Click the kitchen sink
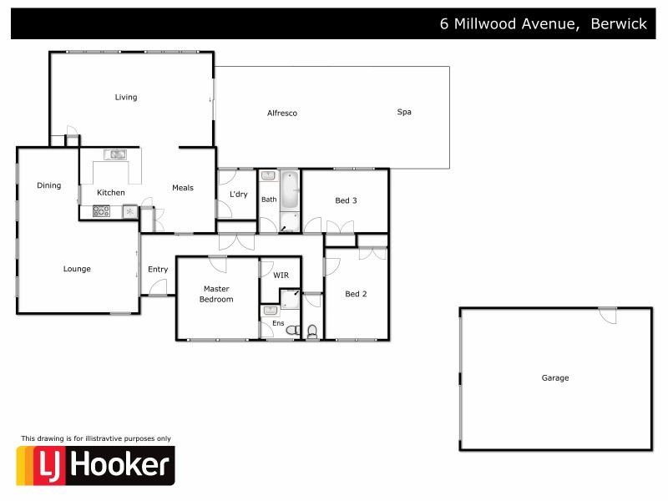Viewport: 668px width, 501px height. tap(114, 154)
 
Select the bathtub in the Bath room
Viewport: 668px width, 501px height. tap(289, 190)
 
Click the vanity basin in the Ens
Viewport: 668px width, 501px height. tap(270, 311)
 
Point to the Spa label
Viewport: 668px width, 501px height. tap(404, 112)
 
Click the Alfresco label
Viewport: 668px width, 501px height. tap(282, 113)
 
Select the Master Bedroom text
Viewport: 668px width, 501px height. tap(217, 294)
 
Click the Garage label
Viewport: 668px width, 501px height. tap(555, 378)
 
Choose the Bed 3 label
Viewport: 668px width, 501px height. tap(347, 200)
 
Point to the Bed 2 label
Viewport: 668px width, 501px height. tap(357, 293)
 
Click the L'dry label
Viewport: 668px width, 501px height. tap(238, 195)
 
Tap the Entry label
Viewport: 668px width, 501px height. tap(158, 269)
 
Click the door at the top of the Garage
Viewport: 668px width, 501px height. tap(608, 316)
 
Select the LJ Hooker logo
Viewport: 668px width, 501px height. tap(96, 465)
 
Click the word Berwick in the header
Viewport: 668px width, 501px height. tap(619, 24)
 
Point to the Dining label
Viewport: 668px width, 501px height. tap(49, 185)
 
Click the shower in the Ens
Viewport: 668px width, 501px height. tap(290, 300)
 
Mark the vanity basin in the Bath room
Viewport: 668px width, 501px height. tap(268, 176)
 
